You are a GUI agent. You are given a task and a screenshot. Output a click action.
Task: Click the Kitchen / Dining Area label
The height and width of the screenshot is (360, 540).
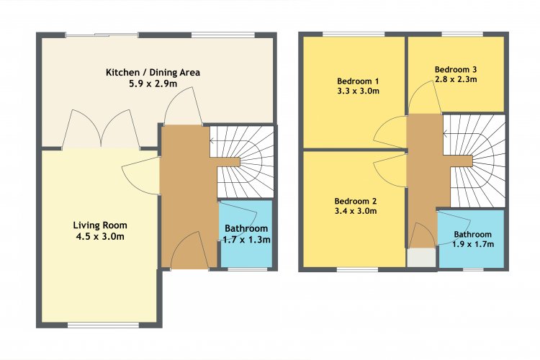pyautogui.click(x=153, y=72)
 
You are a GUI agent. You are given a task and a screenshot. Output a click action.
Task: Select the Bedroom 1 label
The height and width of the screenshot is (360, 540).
pyautogui.click(x=358, y=81)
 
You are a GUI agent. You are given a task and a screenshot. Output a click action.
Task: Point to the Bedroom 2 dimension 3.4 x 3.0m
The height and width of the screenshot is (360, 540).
pyautogui.click(x=356, y=211)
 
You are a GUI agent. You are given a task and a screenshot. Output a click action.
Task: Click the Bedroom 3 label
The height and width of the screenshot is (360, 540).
pyautogui.click(x=456, y=69)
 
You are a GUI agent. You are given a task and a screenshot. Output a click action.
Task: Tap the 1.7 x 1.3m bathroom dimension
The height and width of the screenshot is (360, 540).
pyautogui.click(x=246, y=240)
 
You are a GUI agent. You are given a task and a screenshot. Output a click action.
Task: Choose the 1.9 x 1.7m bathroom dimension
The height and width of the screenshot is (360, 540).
pyautogui.click(x=473, y=244)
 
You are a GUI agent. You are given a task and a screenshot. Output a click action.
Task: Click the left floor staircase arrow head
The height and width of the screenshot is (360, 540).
pyautogui.click(x=212, y=141)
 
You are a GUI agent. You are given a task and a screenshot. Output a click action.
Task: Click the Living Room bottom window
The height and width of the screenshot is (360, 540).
pyautogui.click(x=103, y=325)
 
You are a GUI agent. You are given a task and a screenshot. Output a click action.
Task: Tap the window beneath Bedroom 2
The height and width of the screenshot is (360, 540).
pyautogui.click(x=357, y=270)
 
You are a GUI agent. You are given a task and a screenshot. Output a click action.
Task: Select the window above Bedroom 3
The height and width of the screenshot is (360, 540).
pyautogui.click(x=462, y=34)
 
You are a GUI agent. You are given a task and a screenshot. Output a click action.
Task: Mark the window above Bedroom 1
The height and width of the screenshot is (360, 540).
pyautogui.click(x=354, y=34)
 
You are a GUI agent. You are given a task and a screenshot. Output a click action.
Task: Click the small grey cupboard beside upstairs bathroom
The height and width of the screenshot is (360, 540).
pyautogui.click(x=421, y=257)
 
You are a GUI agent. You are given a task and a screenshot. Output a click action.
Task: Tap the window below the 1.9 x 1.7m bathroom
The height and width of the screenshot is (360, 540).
pyautogui.click(x=473, y=269)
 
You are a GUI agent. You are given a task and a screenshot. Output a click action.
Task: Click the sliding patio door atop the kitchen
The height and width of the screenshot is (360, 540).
pyautogui.click(x=102, y=35)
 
